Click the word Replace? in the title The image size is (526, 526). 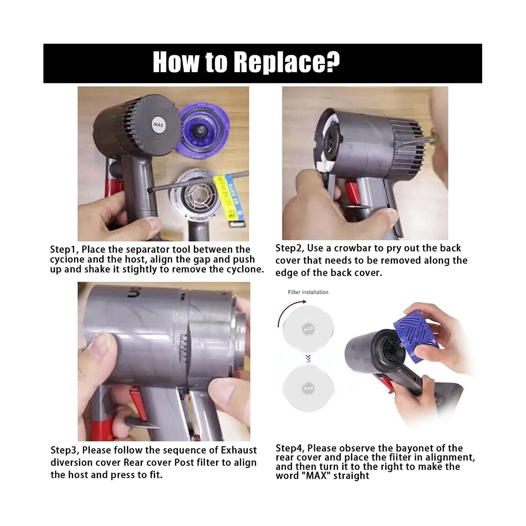point(287,62)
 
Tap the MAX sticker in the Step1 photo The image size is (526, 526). point(158,125)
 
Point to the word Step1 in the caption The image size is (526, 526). point(64,249)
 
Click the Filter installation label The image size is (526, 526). point(308,292)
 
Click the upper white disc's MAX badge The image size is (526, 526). point(309,329)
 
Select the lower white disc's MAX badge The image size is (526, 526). point(309,388)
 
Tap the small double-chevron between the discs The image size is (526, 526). point(308,359)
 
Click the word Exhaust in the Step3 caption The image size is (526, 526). point(239,450)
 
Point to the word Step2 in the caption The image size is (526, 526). point(290,248)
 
